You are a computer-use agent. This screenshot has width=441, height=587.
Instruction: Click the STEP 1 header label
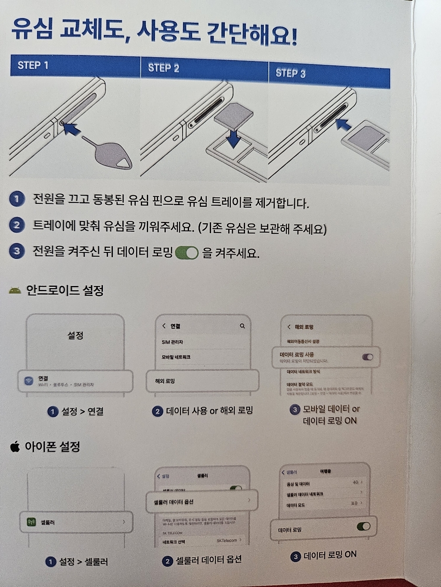33,65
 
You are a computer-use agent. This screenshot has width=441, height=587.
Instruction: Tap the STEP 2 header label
163,68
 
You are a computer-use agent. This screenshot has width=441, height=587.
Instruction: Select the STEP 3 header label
290,73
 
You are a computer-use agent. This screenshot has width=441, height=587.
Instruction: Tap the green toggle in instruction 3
186,253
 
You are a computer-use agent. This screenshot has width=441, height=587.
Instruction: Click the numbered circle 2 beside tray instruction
17,225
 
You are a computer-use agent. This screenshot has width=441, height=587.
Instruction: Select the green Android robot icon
15,291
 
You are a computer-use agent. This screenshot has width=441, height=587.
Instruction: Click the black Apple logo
15,447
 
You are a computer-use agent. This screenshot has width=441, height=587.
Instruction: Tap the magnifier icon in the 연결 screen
242,326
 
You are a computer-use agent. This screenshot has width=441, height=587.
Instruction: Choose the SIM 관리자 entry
172,342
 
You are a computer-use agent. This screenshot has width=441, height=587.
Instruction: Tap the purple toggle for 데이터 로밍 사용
367,357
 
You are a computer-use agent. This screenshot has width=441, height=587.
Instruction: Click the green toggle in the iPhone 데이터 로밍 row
363,526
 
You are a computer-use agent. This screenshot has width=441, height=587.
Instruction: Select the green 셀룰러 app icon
31,522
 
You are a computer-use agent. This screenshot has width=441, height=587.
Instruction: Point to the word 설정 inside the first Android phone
75,335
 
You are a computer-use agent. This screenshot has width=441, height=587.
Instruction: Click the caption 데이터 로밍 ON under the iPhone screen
330,555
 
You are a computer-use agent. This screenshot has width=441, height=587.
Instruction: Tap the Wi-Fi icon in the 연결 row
29,381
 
